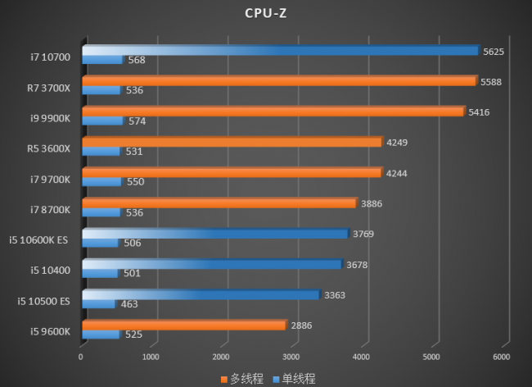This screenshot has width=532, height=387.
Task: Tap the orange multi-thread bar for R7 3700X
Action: coord(278,81)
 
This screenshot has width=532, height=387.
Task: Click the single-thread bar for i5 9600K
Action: coord(101,335)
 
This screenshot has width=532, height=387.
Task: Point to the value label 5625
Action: coord(492,51)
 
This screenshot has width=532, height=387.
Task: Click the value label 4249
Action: coord(395,142)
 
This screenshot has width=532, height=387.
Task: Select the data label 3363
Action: coord(333,294)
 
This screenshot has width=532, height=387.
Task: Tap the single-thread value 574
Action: coord(137,121)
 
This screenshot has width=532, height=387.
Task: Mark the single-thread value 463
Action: coord(128,303)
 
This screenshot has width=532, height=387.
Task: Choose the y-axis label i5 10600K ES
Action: coord(40,239)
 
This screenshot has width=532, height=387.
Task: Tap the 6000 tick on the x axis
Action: coord(501,357)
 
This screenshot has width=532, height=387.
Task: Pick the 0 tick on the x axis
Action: coord(81,357)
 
